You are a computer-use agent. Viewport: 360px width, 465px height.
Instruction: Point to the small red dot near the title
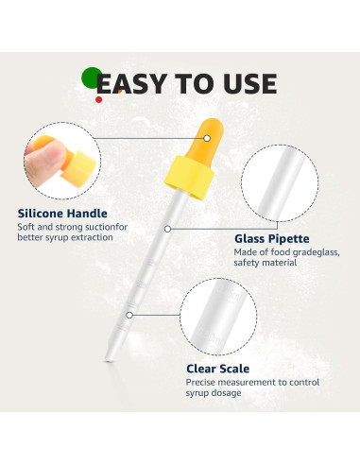[x=98, y=97]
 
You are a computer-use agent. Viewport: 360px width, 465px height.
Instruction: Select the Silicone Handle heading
[x=62, y=214]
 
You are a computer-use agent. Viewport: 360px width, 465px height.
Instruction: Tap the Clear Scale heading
[x=218, y=369]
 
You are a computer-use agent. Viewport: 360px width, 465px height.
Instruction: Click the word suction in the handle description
[x=110, y=228]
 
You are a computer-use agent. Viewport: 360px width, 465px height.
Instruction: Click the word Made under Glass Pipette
[x=247, y=252]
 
